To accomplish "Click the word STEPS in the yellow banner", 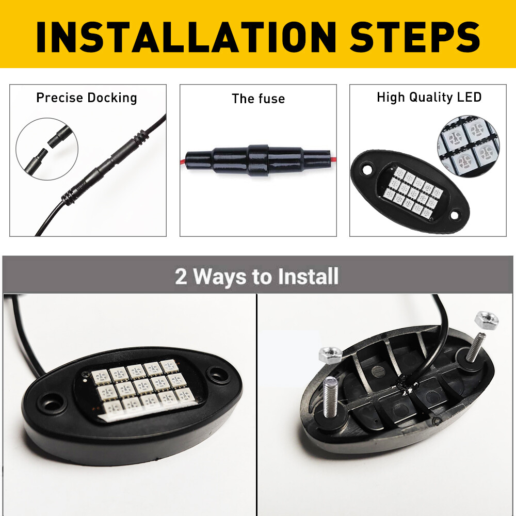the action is [x=415, y=37].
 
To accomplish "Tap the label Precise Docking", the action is [x=87, y=98].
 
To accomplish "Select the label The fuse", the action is [x=259, y=99].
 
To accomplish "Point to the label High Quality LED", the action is [x=429, y=98].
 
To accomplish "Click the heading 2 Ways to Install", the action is [x=256, y=277].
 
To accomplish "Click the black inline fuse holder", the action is [x=257, y=160].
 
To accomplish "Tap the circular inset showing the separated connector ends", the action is [x=47, y=149].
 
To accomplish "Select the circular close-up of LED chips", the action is [x=469, y=146].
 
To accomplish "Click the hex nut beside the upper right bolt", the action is [x=487, y=319].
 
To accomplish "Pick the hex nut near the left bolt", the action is [x=331, y=355].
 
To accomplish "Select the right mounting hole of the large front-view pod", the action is [x=218, y=374].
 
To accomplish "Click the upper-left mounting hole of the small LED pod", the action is [x=366, y=170].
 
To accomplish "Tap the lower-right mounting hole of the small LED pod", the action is [x=454, y=216].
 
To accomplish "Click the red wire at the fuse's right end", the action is [x=333, y=159].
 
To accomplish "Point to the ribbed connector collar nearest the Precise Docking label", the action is [x=140, y=138].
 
